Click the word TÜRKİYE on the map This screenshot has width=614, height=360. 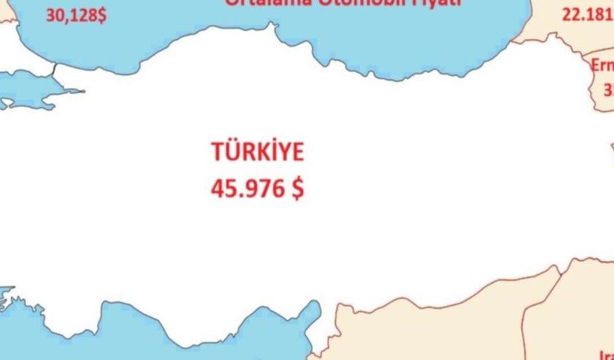[x=257, y=153]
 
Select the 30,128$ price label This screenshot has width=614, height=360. [x=76, y=15]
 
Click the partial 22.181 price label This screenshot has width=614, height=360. [x=587, y=14]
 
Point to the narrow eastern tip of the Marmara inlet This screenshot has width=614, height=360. [x=80, y=91]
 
